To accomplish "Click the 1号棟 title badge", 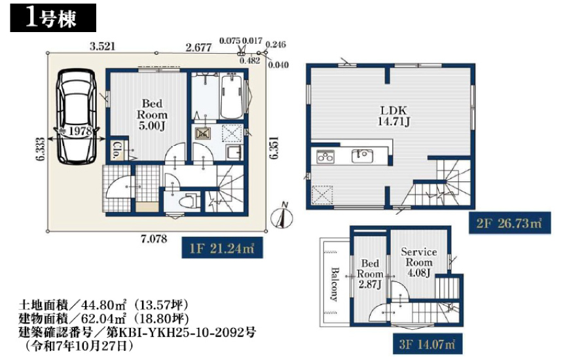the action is [x=53, y=18].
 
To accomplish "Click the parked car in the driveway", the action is [x=76, y=117].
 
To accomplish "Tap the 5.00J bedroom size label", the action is [x=152, y=126].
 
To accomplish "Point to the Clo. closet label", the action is [x=117, y=150].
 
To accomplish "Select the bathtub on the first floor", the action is [x=232, y=96].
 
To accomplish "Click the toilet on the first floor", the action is [x=189, y=202].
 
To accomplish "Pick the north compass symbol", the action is [x=282, y=217].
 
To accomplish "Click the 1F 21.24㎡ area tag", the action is [x=223, y=248].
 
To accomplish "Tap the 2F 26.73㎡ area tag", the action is [x=509, y=223].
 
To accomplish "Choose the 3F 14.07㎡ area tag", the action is [x=427, y=344].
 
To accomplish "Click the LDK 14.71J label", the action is [x=393, y=116].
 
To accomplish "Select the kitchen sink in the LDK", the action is [x=362, y=156].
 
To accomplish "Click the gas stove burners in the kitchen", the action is [x=325, y=156].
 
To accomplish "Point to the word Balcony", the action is [x=335, y=284].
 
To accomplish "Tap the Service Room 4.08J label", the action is [x=419, y=262].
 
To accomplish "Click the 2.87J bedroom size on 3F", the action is [x=369, y=285].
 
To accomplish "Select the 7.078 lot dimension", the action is [x=154, y=239].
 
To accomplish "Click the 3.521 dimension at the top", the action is [x=102, y=46].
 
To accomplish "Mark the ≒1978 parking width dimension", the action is [x=76, y=131].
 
